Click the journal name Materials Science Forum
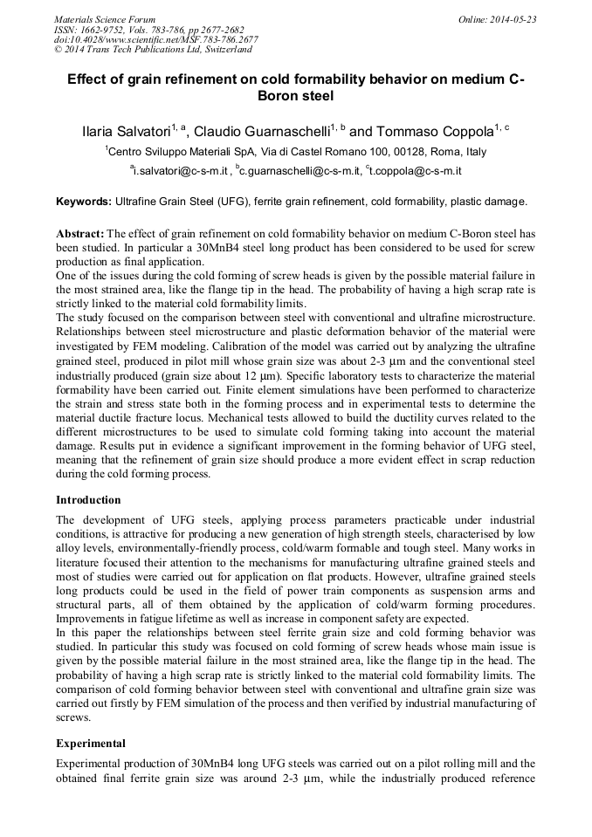point(105,19)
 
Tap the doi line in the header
point(156,39)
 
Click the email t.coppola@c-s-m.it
point(416,171)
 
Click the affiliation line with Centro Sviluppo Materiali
point(297,152)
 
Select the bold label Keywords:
point(84,202)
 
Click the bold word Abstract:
point(79,236)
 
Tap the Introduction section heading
point(88,500)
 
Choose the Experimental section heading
point(91,744)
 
